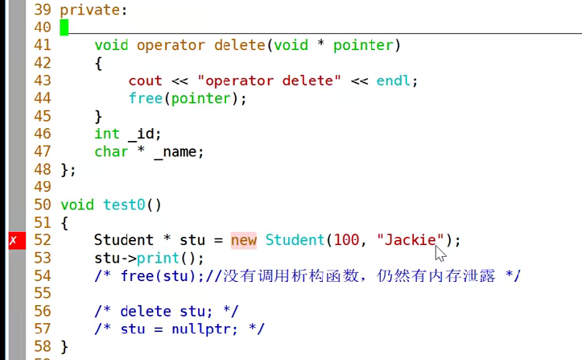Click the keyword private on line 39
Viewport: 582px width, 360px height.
pos(90,10)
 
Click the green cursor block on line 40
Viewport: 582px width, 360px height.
pos(64,27)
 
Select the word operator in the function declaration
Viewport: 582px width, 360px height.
pos(171,45)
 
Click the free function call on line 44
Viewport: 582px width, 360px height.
pos(145,98)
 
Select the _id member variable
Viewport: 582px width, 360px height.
pos(145,134)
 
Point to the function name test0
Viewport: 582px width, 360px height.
pos(124,205)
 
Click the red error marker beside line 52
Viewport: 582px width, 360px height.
pos(13,240)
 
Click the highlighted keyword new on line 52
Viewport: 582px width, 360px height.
pos(243,240)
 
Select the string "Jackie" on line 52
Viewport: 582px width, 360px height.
pos(410,240)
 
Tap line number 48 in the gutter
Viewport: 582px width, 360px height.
pos(43,169)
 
